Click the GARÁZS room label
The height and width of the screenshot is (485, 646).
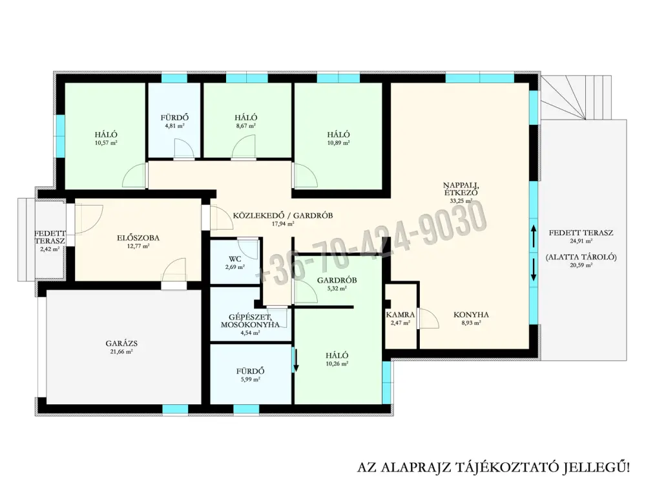coord(121,343)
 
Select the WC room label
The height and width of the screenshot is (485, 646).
coord(235,259)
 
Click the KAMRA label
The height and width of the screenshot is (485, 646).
coord(401,315)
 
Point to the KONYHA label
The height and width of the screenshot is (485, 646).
coord(472,315)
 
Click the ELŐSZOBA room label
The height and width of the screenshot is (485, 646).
coord(138,238)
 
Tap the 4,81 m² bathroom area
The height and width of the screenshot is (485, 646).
coord(174,126)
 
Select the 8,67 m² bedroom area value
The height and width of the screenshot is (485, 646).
coord(246,126)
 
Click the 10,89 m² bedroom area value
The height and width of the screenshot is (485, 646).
coord(339,143)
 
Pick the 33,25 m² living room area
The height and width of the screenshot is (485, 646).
coord(461,201)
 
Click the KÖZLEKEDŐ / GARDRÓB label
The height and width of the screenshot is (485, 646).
coord(283,215)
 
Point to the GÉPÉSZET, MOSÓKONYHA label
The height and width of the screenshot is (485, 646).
coord(250,321)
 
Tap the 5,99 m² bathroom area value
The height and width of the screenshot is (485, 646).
coord(250,380)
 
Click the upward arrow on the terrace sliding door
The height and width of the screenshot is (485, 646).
coord(534,237)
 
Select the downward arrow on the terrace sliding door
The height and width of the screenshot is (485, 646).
coord(534,270)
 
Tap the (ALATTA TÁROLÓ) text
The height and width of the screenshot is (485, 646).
coord(581,257)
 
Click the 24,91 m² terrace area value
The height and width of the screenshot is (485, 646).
coord(581,241)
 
